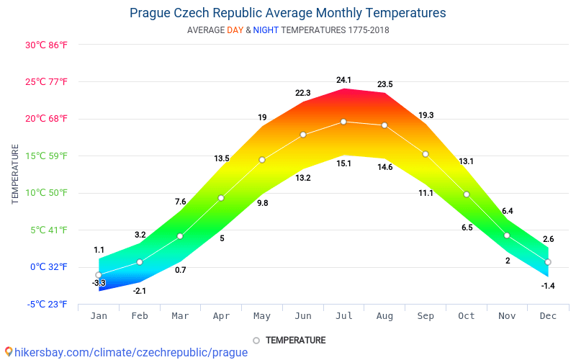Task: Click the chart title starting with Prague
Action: pyautogui.click(x=287, y=13)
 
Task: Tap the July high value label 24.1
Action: pyautogui.click(x=343, y=80)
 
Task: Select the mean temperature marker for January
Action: pyautogui.click(x=99, y=275)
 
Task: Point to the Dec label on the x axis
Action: pyautogui.click(x=548, y=316)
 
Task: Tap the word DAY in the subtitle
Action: pyautogui.click(x=235, y=30)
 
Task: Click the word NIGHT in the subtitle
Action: pyautogui.click(x=266, y=30)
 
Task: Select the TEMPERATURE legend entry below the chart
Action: pyautogui.click(x=295, y=341)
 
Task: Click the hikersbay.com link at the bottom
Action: pyautogui.click(x=130, y=352)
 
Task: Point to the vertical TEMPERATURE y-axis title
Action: pyautogui.click(x=15, y=174)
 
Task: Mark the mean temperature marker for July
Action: pyautogui.click(x=343, y=122)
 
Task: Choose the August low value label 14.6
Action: pyautogui.click(x=384, y=167)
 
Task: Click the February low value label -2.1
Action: pyautogui.click(x=140, y=291)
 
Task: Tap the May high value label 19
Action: pyautogui.click(x=262, y=117)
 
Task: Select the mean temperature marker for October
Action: pyautogui.click(x=467, y=194)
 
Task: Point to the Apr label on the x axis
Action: pyautogui.click(x=221, y=316)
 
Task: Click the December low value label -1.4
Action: pyautogui.click(x=548, y=286)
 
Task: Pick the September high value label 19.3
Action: pyautogui.click(x=426, y=115)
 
